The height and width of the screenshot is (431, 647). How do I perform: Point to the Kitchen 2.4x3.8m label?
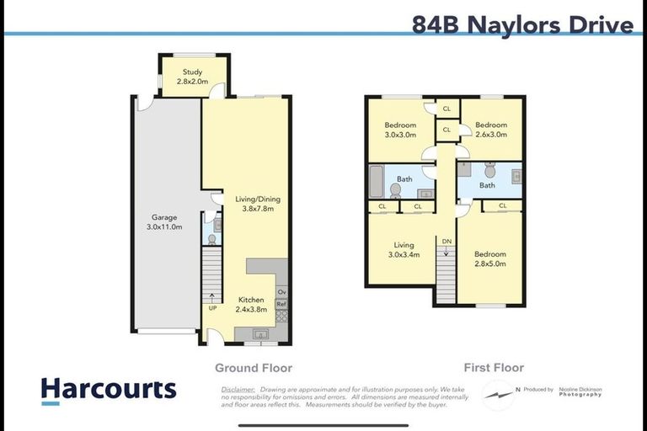pyautogui.click(x=251, y=305)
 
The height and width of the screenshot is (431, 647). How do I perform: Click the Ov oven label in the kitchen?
pyautogui.click(x=281, y=293)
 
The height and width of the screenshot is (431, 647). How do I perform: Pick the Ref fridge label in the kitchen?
pyautogui.click(x=281, y=305)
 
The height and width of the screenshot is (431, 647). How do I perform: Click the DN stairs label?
pyautogui.click(x=446, y=241)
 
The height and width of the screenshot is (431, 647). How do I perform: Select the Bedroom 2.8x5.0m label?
pyautogui.click(x=489, y=259)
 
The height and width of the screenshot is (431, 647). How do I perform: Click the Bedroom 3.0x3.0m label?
pyautogui.click(x=400, y=130)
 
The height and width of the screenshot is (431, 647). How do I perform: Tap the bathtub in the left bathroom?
pyautogui.click(x=376, y=180)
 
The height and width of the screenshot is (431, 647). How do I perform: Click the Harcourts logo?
pyautogui.click(x=109, y=389)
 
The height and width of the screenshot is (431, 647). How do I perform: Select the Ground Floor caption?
pyautogui.click(x=254, y=368)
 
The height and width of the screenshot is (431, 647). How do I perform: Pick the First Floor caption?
pyautogui.click(x=494, y=368)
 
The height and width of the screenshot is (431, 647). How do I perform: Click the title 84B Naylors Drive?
pyautogui.click(x=522, y=24)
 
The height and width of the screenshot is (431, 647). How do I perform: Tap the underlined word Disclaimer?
pyautogui.click(x=238, y=390)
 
